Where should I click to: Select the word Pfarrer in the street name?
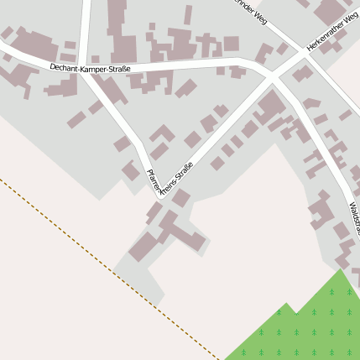click(x=154, y=180)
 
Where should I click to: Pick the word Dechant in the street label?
click(x=63, y=66)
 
